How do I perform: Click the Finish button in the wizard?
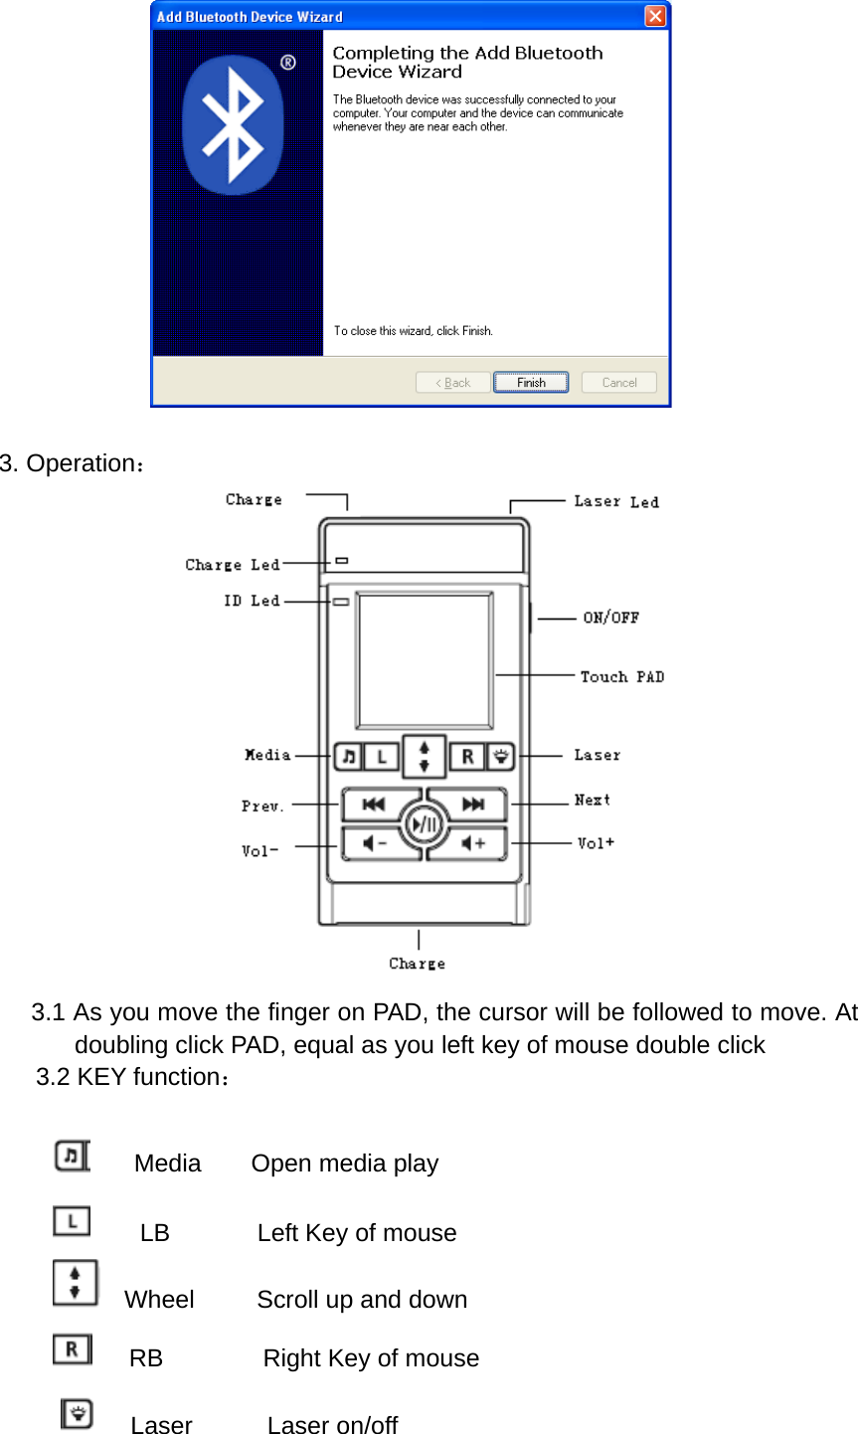(531, 383)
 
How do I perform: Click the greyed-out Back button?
(453, 383)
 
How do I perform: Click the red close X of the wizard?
(655, 16)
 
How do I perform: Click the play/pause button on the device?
(425, 824)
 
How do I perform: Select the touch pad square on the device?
(425, 661)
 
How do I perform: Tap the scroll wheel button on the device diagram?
(424, 757)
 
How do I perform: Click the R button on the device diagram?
(467, 757)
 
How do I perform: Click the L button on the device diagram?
(381, 757)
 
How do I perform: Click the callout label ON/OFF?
(610, 618)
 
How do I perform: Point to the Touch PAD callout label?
(622, 677)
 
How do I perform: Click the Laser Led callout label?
(615, 502)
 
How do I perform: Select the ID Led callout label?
(252, 601)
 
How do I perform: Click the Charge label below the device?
(418, 964)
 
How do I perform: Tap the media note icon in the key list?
(71, 1157)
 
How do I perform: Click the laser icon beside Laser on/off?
(77, 1413)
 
